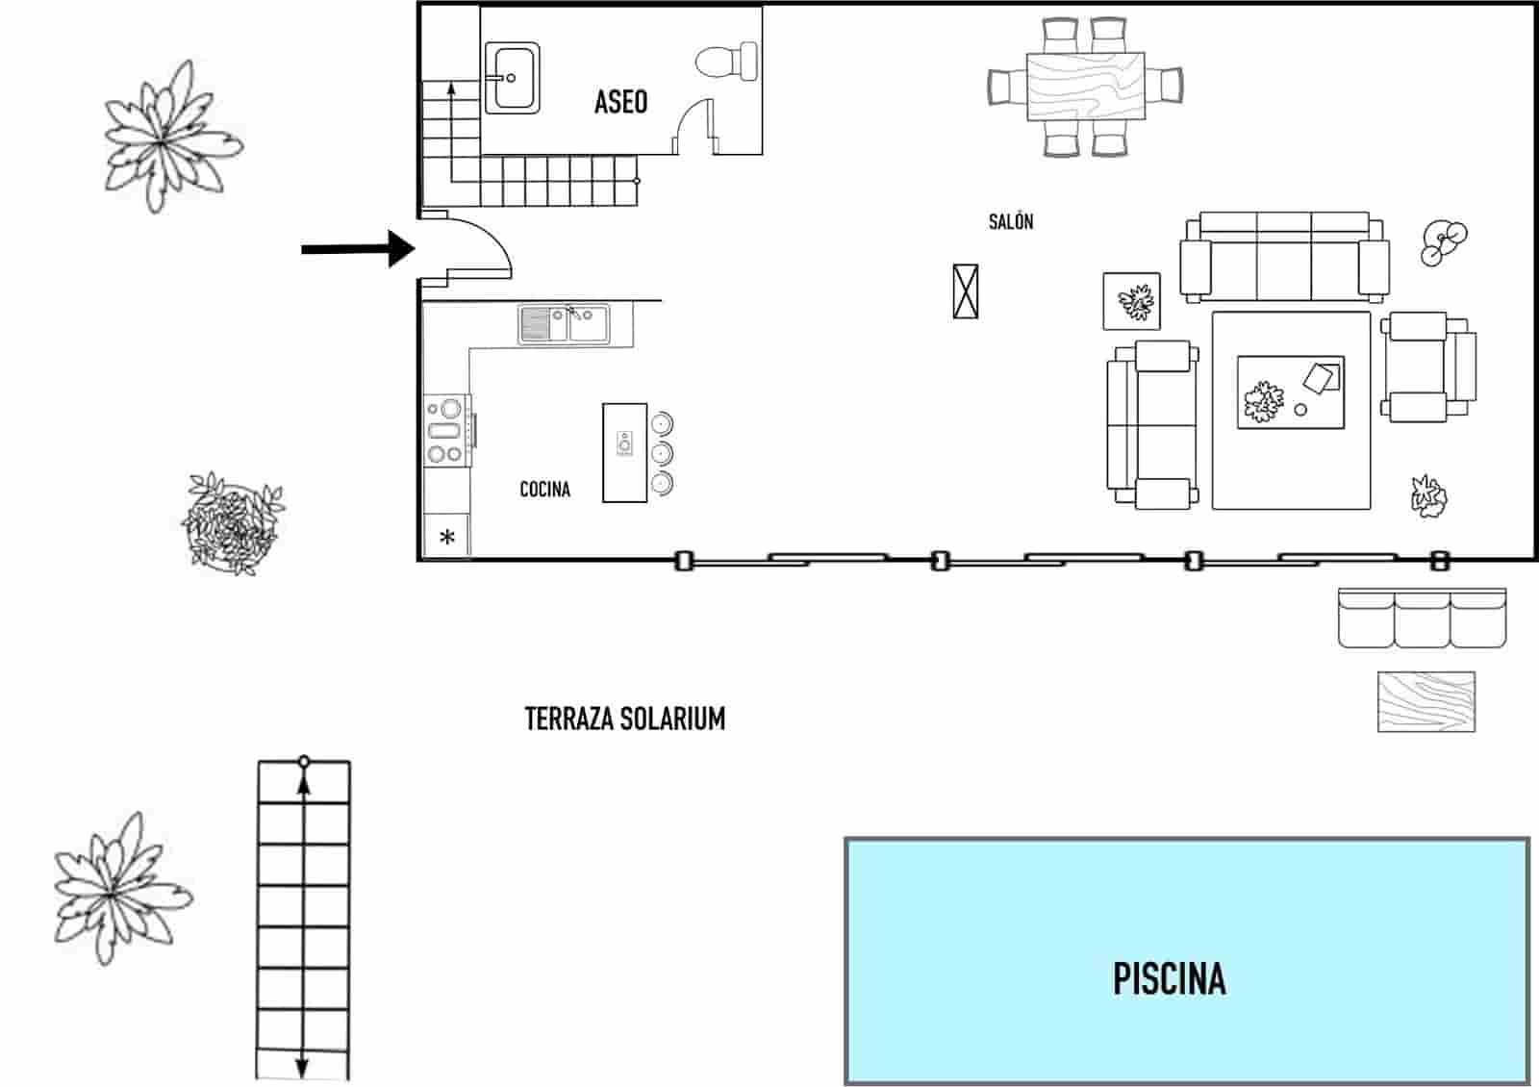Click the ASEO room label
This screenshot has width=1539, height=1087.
pyautogui.click(x=620, y=102)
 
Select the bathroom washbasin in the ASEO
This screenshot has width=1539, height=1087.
pyautogui.click(x=512, y=77)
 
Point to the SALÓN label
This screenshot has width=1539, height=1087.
pyautogui.click(x=1010, y=222)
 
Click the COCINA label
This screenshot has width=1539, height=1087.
pyautogui.click(x=544, y=490)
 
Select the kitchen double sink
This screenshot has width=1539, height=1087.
pyautogui.click(x=564, y=323)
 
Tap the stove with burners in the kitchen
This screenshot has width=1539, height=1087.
pyautogui.click(x=445, y=431)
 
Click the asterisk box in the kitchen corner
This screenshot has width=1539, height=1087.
pyautogui.click(x=446, y=537)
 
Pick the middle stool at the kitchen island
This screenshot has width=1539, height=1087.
pyautogui.click(x=661, y=453)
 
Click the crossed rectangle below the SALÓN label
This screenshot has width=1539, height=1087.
pyautogui.click(x=965, y=291)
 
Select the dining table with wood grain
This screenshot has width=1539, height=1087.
pyautogui.click(x=1085, y=87)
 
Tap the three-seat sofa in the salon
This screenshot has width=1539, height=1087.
pyautogui.click(x=1284, y=258)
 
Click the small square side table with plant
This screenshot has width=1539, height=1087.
pyautogui.click(x=1131, y=302)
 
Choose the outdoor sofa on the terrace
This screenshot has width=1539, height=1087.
pyautogui.click(x=1422, y=619)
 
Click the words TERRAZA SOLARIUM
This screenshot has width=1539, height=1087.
pyautogui.click(x=624, y=719)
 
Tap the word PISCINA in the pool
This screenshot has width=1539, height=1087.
pyautogui.click(x=1169, y=978)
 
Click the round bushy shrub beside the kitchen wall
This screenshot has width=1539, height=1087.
pyautogui.click(x=232, y=523)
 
